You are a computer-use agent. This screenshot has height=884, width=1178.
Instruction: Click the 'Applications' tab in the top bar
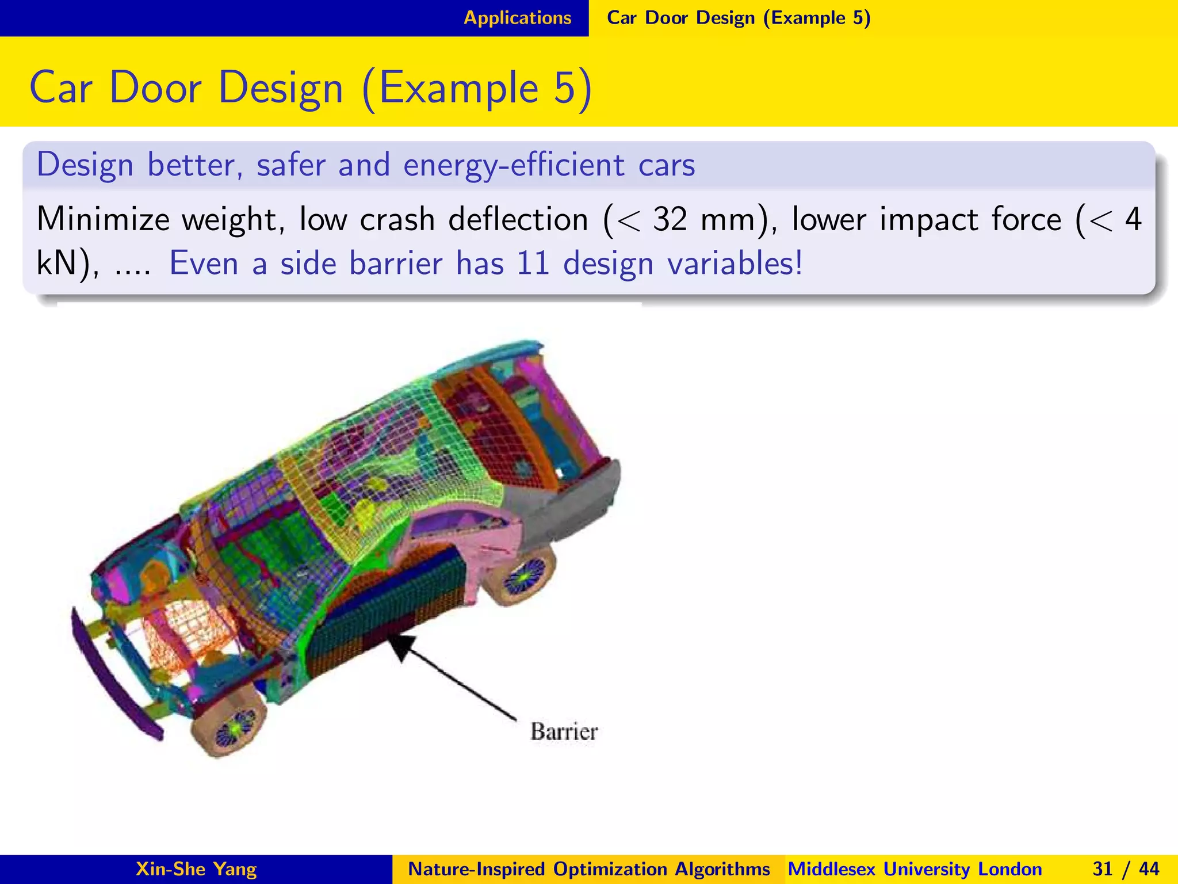click(517, 18)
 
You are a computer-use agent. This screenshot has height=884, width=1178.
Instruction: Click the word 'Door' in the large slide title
click(155, 88)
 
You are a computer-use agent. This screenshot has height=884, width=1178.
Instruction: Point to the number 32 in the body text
click(670, 219)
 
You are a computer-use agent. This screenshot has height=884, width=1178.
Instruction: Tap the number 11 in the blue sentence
click(533, 264)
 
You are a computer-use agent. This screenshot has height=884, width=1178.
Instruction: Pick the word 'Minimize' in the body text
click(103, 219)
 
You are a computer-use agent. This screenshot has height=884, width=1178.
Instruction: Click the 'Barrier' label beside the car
click(564, 731)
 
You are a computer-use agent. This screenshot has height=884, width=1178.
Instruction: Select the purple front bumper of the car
click(112, 673)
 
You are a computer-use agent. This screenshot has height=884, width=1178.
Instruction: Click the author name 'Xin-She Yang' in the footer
click(196, 869)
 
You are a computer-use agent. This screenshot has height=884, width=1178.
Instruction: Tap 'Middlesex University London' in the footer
click(915, 869)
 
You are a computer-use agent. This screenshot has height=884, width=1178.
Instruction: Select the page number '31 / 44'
click(1126, 869)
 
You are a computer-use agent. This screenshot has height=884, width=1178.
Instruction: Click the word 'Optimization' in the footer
click(610, 869)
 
